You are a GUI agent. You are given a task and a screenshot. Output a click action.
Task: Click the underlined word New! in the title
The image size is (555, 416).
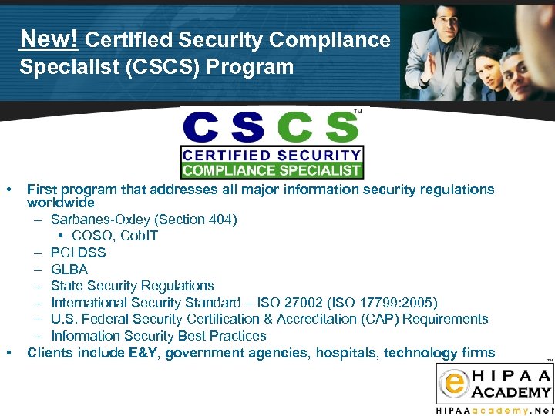click(49, 39)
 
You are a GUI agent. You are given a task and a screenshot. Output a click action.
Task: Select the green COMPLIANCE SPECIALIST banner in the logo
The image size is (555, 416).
click(271, 170)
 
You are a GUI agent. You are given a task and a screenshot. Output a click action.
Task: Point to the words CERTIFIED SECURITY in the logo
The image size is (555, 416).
click(271, 155)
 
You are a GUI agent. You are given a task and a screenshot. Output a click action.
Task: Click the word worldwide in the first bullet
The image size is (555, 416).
click(61, 203)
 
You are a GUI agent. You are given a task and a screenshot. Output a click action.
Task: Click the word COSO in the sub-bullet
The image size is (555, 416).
click(91, 236)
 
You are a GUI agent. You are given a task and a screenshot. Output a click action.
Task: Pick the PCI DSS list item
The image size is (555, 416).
click(78, 253)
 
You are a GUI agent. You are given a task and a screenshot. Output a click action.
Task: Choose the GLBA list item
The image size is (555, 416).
click(69, 270)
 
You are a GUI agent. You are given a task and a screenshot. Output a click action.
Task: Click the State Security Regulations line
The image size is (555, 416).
click(132, 286)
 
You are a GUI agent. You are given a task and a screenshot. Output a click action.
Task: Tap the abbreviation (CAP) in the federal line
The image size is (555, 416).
click(391, 319)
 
